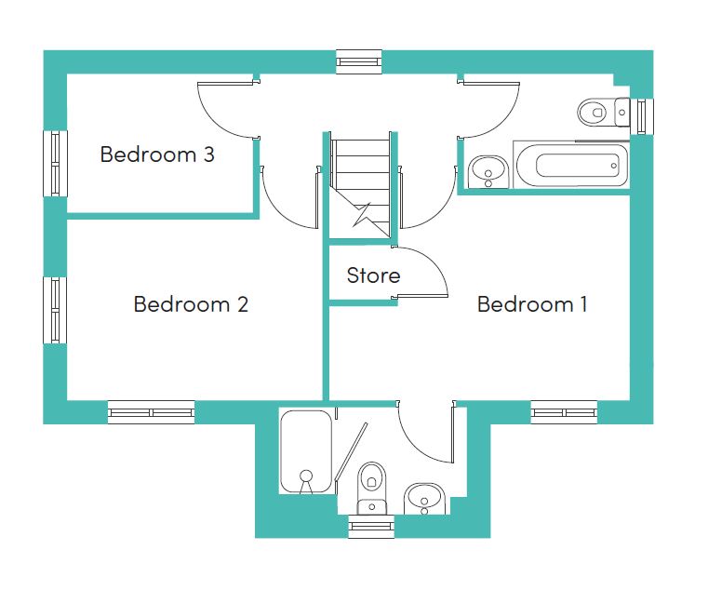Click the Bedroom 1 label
click(x=532, y=304)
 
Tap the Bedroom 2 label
click(x=191, y=304)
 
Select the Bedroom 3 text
click(x=157, y=154)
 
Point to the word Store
click(x=373, y=275)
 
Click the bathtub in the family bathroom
click(x=571, y=165)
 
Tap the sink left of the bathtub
click(x=488, y=172)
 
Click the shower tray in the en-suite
click(x=306, y=451)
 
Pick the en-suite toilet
click(x=371, y=488)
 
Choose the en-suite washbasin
click(x=424, y=499)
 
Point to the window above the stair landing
click(x=359, y=61)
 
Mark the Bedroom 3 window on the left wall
click(x=55, y=164)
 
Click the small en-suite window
click(x=371, y=527)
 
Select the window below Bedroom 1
click(x=564, y=412)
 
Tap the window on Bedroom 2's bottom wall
click(x=152, y=412)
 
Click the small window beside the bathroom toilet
click(x=642, y=116)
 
